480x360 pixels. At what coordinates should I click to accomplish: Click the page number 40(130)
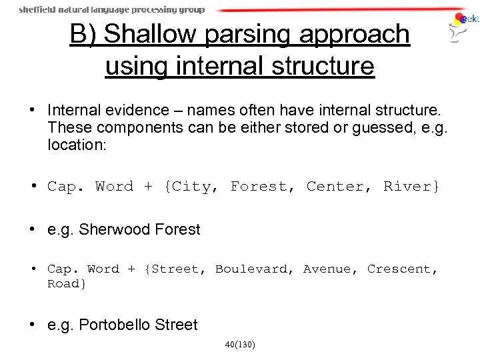[x=240, y=345]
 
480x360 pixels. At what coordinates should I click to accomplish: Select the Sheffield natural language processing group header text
[x=112, y=10]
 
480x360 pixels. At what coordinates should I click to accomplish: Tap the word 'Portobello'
[x=115, y=325]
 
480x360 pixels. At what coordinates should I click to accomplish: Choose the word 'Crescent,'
[x=403, y=269]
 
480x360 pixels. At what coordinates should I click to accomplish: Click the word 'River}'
[x=411, y=186]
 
